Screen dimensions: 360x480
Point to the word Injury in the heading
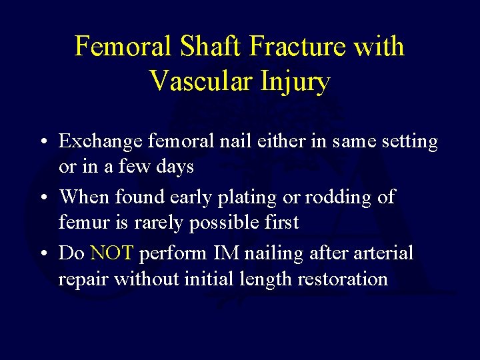293,81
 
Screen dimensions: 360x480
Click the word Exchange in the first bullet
100,143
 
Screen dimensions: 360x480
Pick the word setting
407,142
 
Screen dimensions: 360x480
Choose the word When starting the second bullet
84,197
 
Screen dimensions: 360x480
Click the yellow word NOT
113,253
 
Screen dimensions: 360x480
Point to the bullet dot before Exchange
42,143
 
